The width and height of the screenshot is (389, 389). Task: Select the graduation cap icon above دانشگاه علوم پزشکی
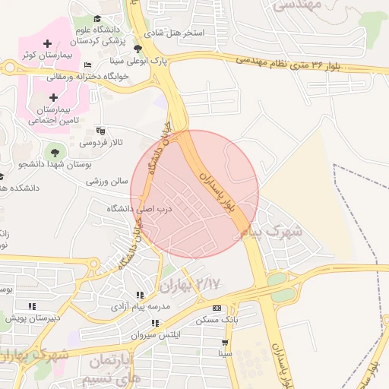click(96, 19)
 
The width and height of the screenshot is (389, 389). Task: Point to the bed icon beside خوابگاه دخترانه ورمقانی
click(88, 65)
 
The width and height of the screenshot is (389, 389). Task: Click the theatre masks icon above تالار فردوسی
click(100, 131)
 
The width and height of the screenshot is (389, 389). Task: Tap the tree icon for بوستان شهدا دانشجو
click(53, 152)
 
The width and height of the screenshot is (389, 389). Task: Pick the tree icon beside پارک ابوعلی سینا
click(137, 48)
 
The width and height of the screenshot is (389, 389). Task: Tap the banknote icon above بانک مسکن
click(217, 308)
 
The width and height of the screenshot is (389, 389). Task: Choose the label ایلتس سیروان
click(153, 335)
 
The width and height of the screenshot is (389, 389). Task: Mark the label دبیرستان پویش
click(34, 318)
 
